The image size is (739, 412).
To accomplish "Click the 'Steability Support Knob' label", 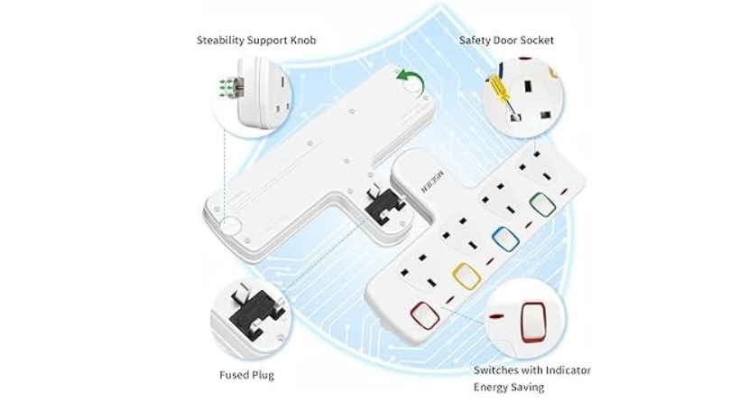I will pyautogui.click(x=256, y=41).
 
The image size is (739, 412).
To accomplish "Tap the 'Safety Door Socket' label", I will pyautogui.click(x=506, y=41).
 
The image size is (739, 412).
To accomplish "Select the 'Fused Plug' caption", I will pyautogui.click(x=246, y=375).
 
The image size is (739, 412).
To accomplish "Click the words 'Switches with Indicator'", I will pyautogui.click(x=532, y=370).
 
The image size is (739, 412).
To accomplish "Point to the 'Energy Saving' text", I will pyautogui.click(x=509, y=388).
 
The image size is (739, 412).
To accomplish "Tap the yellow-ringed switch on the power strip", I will pyautogui.click(x=466, y=276).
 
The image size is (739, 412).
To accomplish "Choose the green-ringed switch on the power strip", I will pyautogui.click(x=542, y=205).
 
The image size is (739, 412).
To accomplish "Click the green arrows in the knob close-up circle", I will pyautogui.click(x=226, y=86).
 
